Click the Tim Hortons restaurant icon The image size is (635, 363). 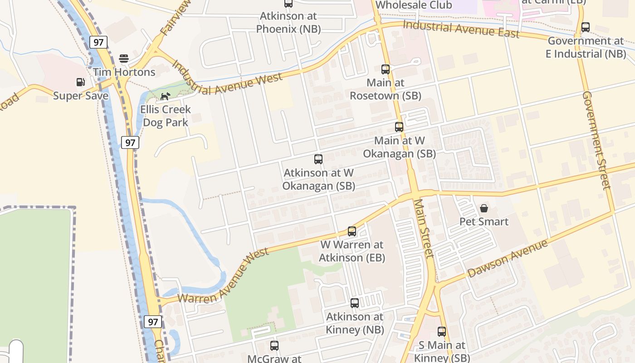coord(124,59)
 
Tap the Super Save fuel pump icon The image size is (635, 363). coord(80,82)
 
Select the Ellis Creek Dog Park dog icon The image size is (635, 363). coord(165,96)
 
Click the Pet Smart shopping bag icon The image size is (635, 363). coord(484,208)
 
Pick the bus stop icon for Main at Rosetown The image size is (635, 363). coord(385,69)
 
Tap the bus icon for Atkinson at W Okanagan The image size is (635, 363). coord(318,159)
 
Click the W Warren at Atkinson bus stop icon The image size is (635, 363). coord(352,231)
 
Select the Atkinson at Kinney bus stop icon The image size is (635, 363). coord(355,303)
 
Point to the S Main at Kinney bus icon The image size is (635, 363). coord(442,332)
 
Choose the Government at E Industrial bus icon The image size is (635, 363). coord(586,27)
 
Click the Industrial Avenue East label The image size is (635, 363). coord(461,29)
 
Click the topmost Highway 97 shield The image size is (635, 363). coord(98,43)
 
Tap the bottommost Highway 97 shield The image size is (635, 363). coord(153,322)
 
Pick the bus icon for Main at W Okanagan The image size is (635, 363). coord(399,127)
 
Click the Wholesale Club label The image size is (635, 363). coord(414,5)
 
